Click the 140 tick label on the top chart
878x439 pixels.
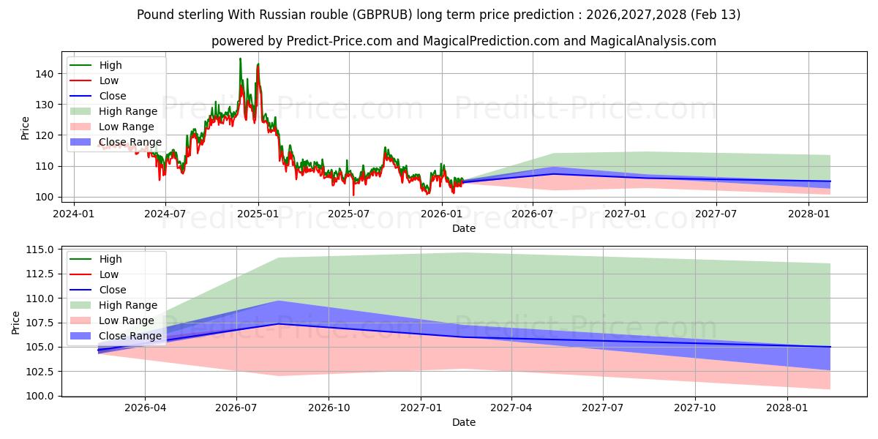(44, 74)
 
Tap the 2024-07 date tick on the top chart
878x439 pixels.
(165, 213)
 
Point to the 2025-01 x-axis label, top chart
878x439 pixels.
(258, 213)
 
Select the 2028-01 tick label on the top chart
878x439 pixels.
(808, 213)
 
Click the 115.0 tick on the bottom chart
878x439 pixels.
(38, 249)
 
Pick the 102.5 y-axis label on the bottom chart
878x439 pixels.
(38, 372)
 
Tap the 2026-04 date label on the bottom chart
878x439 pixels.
(145, 407)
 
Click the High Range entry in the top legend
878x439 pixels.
(128, 111)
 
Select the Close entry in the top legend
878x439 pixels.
(113, 96)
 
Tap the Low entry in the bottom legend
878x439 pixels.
(109, 274)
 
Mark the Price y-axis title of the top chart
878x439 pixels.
(26, 128)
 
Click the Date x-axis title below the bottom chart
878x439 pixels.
(464, 422)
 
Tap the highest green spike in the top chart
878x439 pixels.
(240, 59)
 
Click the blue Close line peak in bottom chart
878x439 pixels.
(279, 323)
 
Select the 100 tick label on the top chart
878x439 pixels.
(44, 197)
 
